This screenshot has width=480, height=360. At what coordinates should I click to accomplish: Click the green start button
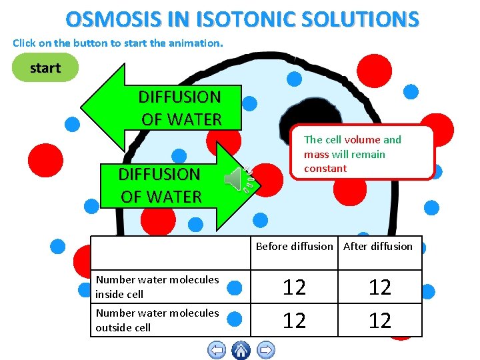[45, 67]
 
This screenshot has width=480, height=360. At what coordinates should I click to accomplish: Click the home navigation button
[241, 349]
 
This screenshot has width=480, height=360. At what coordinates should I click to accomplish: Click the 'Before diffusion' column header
[294, 246]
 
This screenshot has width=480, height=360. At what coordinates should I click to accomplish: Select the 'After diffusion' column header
[378, 246]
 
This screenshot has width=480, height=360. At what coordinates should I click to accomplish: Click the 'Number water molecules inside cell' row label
[157, 287]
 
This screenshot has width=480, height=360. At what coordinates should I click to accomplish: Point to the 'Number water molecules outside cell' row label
[157, 320]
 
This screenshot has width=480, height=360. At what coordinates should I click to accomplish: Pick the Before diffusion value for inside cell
[294, 287]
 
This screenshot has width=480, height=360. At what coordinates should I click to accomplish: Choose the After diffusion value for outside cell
[379, 321]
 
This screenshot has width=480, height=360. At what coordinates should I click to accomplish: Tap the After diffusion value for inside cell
[379, 287]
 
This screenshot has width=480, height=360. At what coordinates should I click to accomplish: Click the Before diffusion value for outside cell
[294, 321]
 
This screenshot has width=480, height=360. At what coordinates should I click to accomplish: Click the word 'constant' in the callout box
[325, 168]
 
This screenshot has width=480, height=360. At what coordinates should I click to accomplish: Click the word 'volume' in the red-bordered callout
[357, 139]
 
